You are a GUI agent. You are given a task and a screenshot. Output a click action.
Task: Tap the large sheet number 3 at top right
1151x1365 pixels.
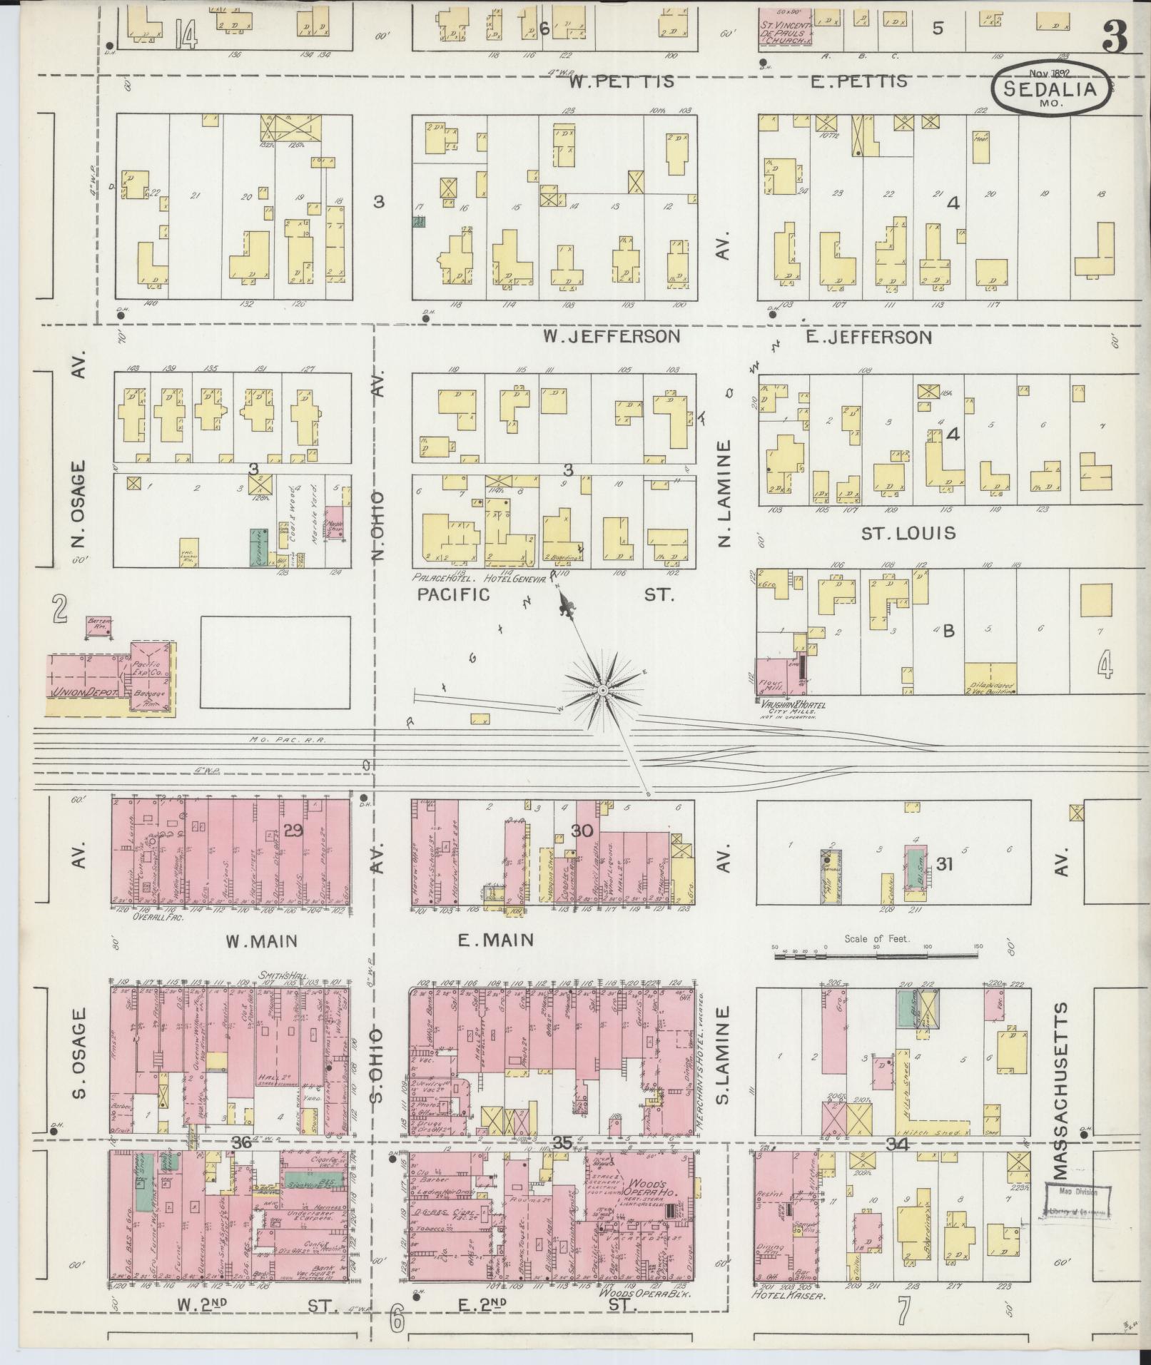(x=1115, y=38)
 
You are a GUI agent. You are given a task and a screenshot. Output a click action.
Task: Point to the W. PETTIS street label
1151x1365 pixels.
(x=621, y=81)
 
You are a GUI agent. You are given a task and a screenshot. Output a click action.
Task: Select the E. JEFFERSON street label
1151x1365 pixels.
(x=868, y=337)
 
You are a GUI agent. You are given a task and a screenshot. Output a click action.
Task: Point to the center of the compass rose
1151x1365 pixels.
(x=602, y=691)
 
